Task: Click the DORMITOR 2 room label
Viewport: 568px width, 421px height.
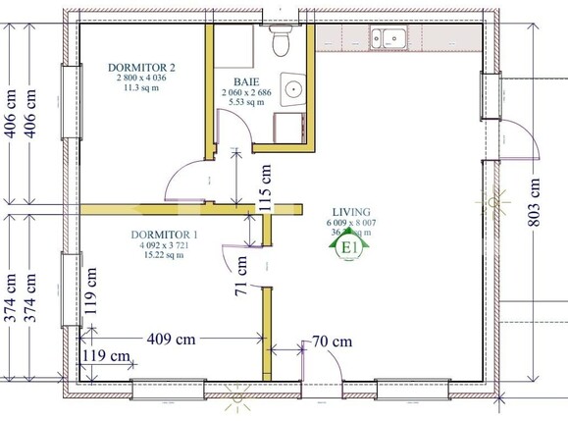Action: (x=143, y=66)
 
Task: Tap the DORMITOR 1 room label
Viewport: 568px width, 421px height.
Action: (x=164, y=235)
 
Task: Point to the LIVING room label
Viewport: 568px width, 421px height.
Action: (x=350, y=212)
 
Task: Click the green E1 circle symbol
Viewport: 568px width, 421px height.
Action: (x=348, y=246)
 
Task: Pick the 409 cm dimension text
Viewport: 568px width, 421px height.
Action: (x=170, y=340)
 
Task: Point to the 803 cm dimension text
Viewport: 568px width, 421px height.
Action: (x=535, y=202)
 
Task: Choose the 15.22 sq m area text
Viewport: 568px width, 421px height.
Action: (x=162, y=256)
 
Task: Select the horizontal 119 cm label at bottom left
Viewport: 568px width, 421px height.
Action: (x=106, y=355)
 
